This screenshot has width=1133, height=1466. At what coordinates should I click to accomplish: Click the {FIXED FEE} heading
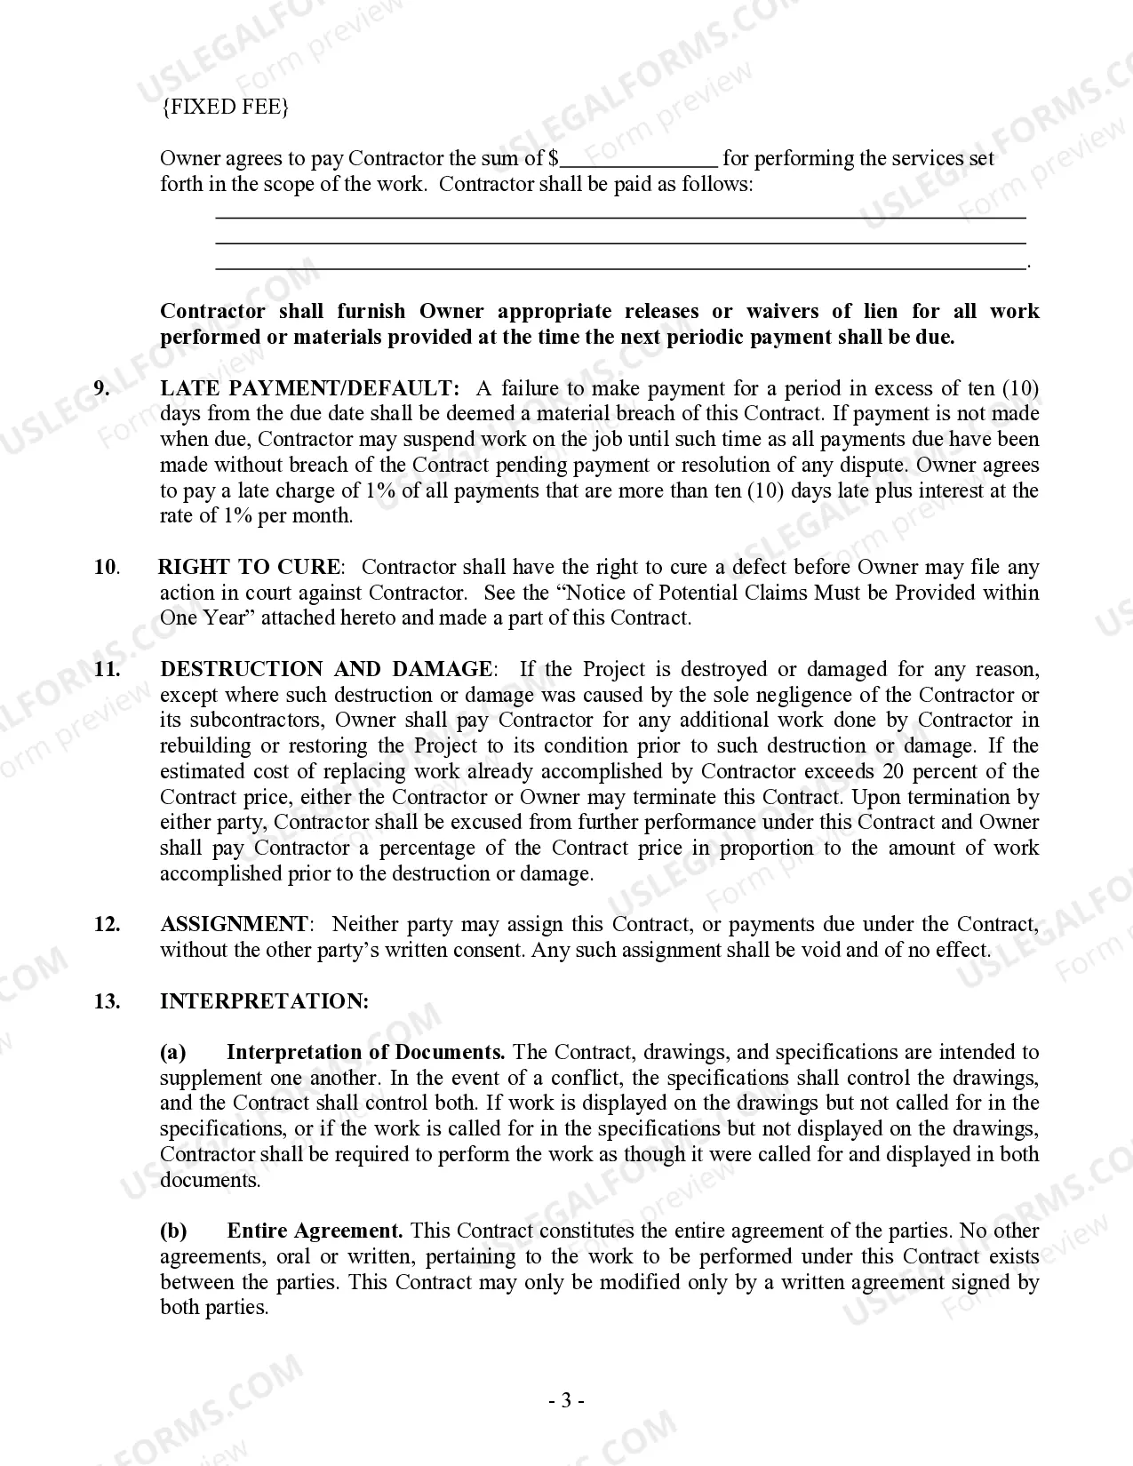click(225, 108)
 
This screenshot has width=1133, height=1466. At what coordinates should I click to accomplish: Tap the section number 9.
click(102, 388)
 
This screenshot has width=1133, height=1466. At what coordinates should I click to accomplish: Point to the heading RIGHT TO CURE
click(249, 567)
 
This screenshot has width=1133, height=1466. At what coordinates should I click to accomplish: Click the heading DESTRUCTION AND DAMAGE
click(326, 669)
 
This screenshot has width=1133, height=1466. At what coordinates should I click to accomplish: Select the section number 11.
click(107, 669)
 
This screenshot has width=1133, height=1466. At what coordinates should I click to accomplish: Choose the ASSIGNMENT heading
click(234, 924)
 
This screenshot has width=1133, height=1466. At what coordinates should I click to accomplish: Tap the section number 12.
click(107, 924)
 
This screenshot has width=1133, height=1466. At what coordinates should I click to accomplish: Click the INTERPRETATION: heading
click(264, 1001)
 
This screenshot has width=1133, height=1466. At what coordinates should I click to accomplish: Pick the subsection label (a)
click(173, 1053)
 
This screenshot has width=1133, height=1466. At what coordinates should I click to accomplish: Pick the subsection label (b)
click(173, 1231)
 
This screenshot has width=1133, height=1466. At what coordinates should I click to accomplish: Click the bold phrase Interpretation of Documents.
click(365, 1053)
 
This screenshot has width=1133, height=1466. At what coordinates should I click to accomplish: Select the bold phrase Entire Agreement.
click(315, 1231)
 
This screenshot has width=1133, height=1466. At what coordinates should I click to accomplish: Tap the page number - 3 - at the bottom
click(566, 1401)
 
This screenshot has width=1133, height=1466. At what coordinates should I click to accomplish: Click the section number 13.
click(107, 1001)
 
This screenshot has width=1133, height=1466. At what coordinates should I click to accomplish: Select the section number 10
click(106, 567)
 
